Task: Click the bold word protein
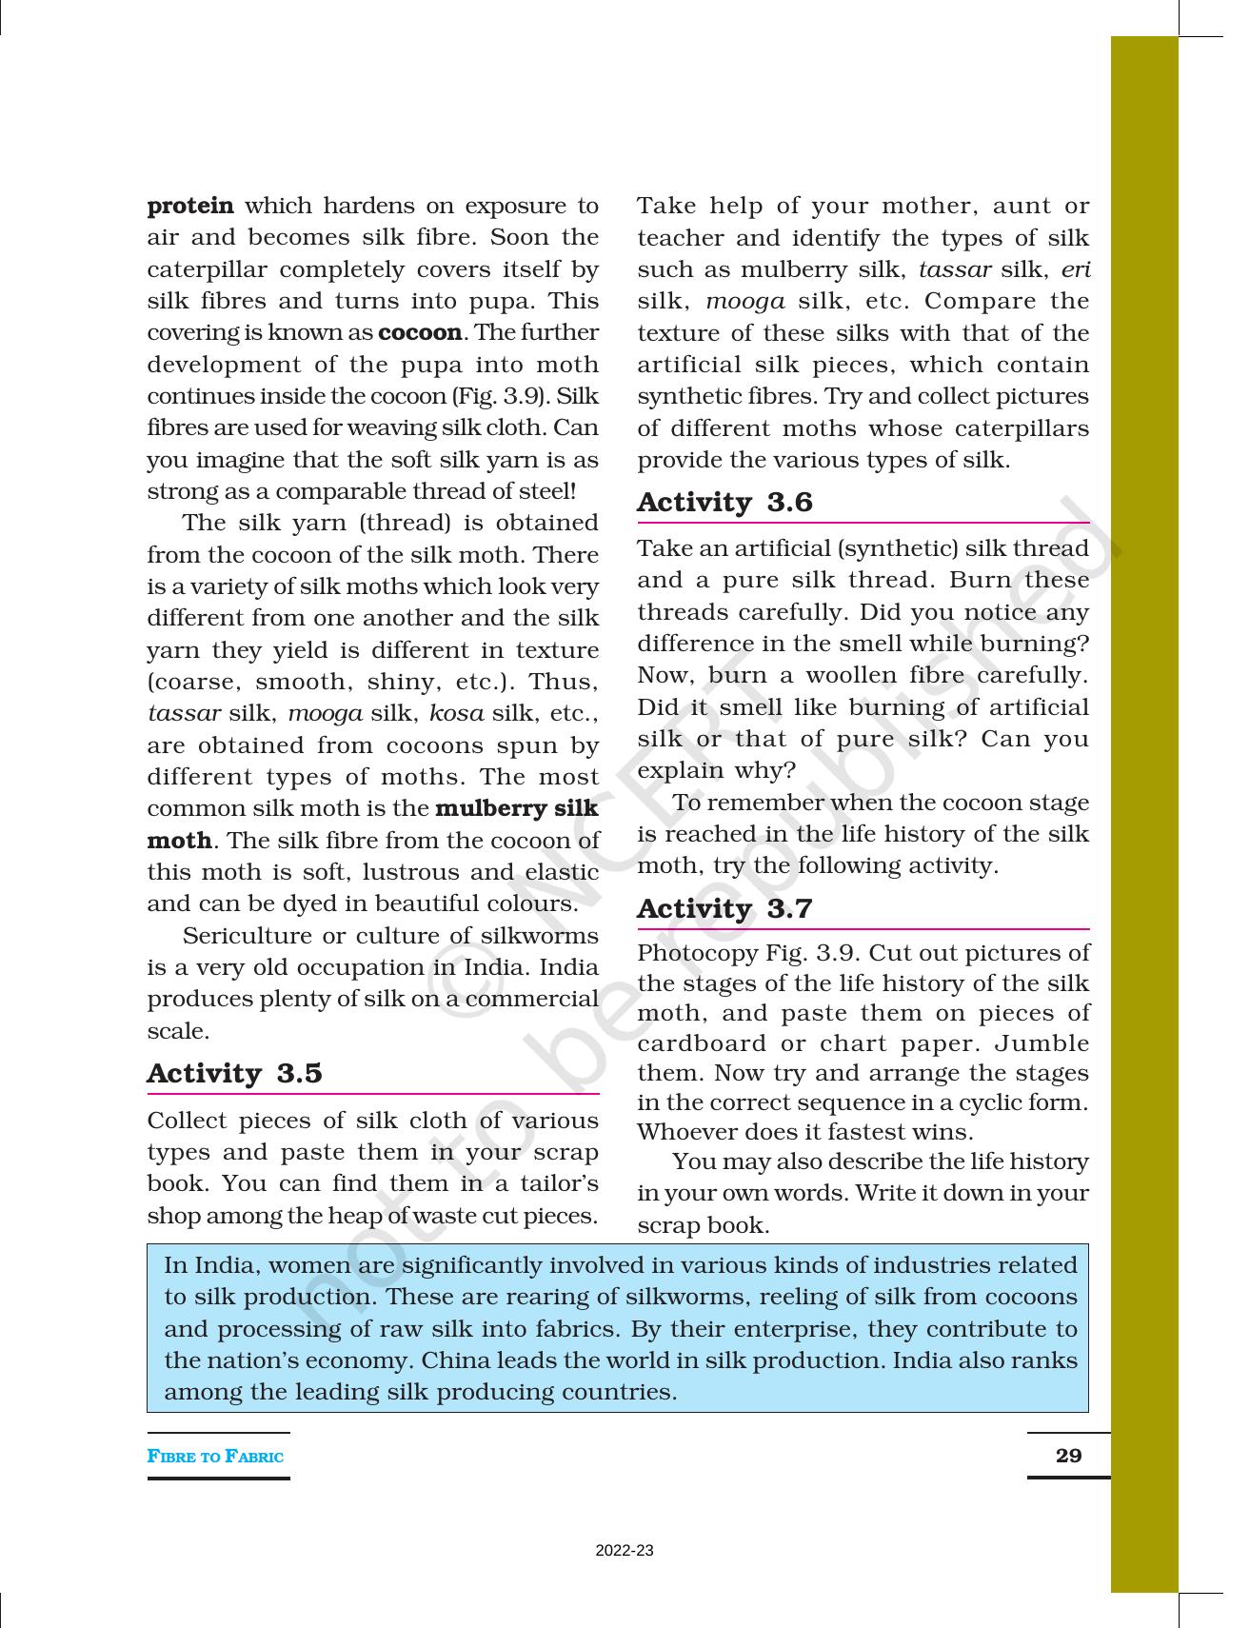pyautogui.click(x=190, y=207)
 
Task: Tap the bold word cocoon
pyautogui.click(x=420, y=333)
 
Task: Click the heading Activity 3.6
pyautogui.click(x=724, y=502)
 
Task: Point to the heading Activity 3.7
pyautogui.click(x=724, y=908)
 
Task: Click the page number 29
pyautogui.click(x=1068, y=1455)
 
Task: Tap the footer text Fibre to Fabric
pyautogui.click(x=215, y=1456)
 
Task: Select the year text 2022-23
pyautogui.click(x=625, y=1551)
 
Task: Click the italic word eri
pyautogui.click(x=1075, y=269)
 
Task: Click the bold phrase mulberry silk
pyautogui.click(x=516, y=808)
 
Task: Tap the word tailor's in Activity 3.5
pyautogui.click(x=564, y=1183)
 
